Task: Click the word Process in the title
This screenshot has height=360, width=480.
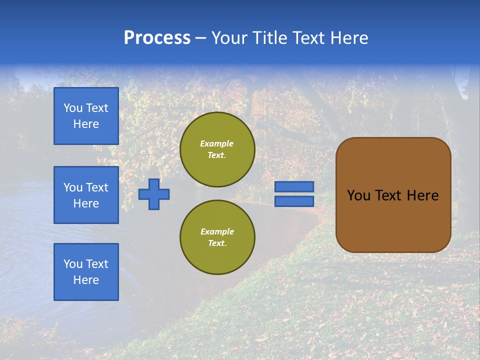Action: [x=157, y=38]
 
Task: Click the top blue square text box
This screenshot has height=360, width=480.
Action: [x=86, y=116]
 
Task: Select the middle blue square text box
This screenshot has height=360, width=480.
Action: [x=86, y=195]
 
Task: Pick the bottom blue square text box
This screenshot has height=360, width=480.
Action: [x=86, y=272]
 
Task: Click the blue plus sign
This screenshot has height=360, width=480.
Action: [x=154, y=194]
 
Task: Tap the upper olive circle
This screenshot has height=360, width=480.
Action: [x=217, y=149]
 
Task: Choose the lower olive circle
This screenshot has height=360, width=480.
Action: [x=217, y=237]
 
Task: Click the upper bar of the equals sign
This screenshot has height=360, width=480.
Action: [x=294, y=186]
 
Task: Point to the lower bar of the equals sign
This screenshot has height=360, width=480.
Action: [x=294, y=201]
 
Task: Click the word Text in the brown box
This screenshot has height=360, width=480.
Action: [x=389, y=195]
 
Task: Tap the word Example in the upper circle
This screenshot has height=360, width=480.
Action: [x=216, y=143]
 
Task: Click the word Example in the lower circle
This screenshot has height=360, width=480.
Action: [x=217, y=231]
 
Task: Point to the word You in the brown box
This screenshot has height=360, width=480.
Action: [x=358, y=195]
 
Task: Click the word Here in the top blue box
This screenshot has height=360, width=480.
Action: [x=86, y=124]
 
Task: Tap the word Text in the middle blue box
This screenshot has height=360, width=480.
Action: [x=96, y=187]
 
